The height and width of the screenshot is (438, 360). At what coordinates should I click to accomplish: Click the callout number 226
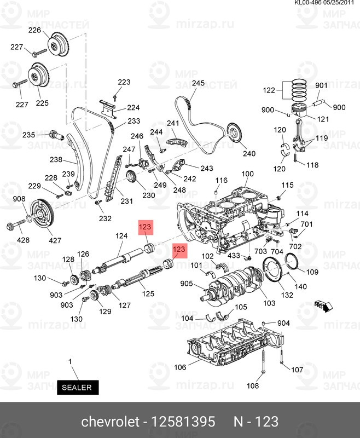coord(34,30)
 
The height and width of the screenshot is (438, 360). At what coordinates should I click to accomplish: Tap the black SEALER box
coord(79,387)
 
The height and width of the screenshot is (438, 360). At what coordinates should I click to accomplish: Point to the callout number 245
coord(198,83)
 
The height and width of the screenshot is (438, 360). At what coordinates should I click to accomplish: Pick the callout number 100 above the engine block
coord(248,175)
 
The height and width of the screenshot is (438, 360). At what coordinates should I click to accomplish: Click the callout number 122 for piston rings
coord(269,90)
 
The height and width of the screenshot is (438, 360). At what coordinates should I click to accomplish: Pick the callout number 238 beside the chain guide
coord(56,160)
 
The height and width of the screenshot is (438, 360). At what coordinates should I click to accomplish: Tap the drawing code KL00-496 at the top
coord(310,3)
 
